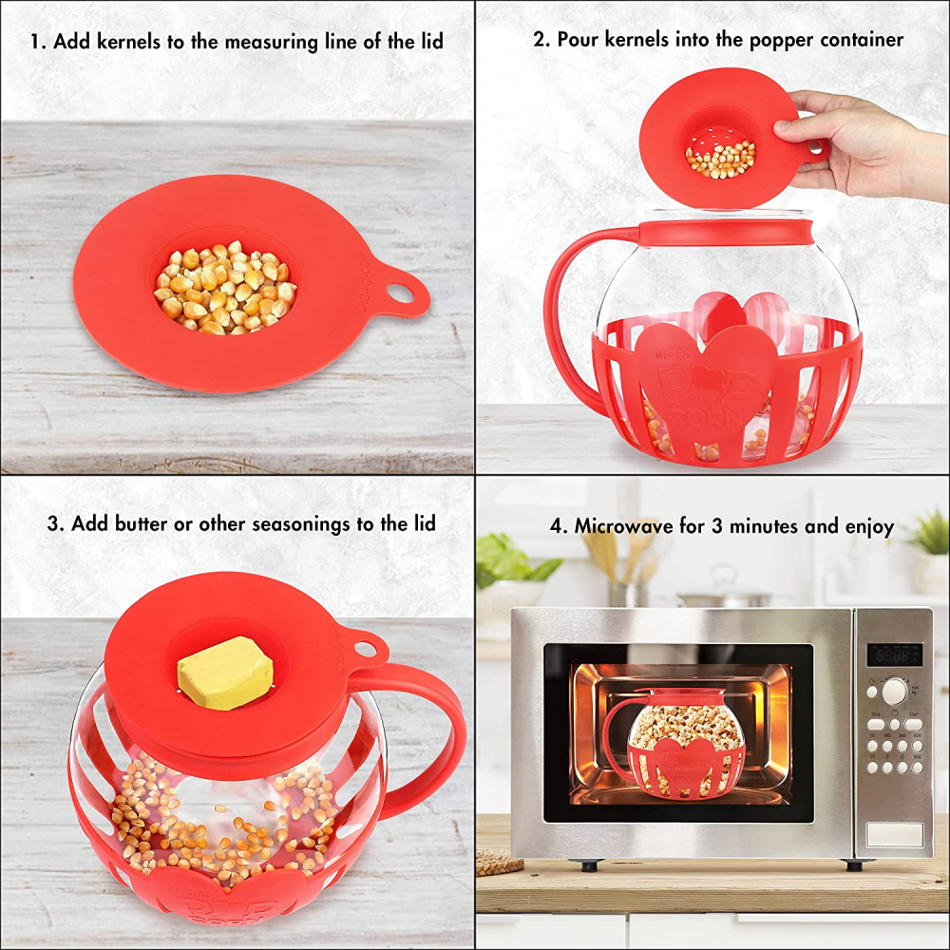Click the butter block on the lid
[x=225, y=673]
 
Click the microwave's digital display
[x=894, y=655]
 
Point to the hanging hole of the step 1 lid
[x=401, y=292]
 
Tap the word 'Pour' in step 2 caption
[x=580, y=40]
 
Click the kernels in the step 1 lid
[x=225, y=288]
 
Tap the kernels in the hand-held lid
[x=721, y=159]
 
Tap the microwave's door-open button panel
[x=894, y=835]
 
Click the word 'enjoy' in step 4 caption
[x=866, y=527]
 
